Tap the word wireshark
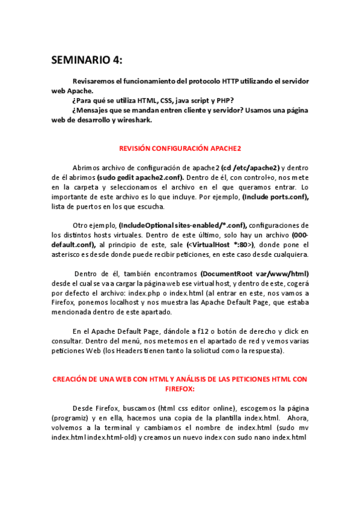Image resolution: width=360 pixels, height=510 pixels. click(136, 120)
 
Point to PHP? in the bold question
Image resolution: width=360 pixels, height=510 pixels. click(225, 100)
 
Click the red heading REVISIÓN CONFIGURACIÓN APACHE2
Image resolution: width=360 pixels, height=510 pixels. click(180, 148)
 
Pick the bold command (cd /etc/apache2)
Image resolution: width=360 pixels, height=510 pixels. click(250, 168)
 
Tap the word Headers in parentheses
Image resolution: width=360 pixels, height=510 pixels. click(144, 350)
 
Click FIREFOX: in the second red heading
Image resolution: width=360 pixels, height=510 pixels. click(180, 389)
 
